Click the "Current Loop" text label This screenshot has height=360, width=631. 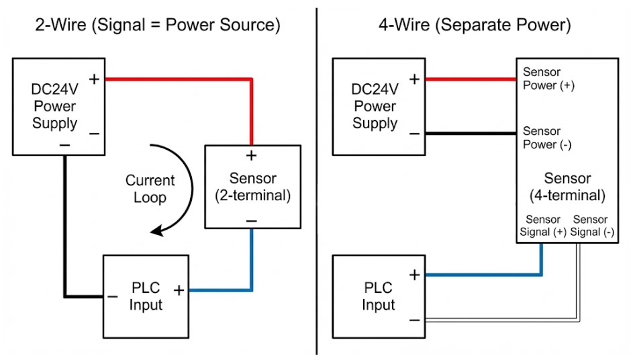click(x=149, y=189)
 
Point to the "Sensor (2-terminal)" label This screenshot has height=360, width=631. click(x=252, y=187)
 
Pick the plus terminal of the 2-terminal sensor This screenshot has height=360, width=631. click(x=252, y=156)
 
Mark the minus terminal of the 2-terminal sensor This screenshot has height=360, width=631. click(x=252, y=220)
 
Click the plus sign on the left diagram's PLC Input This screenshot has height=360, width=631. click(x=179, y=290)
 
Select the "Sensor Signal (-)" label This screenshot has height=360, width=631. click(x=591, y=226)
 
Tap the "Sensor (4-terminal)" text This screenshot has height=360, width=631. click(x=567, y=187)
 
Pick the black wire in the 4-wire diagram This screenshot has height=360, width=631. click(x=470, y=133)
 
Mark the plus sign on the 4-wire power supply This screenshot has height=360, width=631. click(x=414, y=79)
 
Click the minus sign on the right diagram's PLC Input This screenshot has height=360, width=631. click(x=414, y=320)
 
